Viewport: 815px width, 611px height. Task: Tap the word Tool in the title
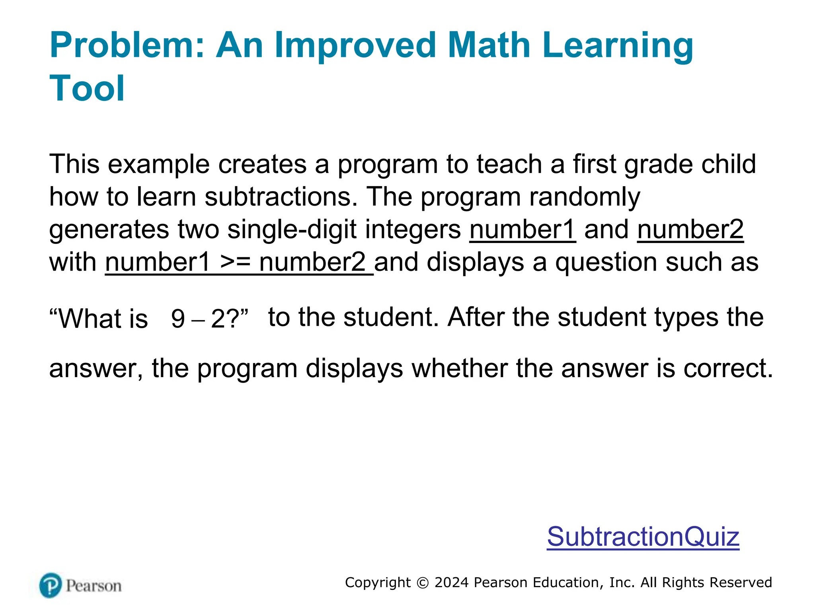[x=87, y=88]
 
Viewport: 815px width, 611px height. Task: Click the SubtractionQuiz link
[x=643, y=537]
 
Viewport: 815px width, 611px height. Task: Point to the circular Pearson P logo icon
[x=51, y=585]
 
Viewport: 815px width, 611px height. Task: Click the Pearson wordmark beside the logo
[x=94, y=586]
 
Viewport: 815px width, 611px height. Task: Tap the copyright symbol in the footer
[x=422, y=583]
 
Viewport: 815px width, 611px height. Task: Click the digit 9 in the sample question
[x=178, y=319]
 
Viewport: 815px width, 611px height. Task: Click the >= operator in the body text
[x=235, y=263]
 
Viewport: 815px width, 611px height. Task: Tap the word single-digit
[x=292, y=230]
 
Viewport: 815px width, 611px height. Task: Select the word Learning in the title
[x=618, y=46]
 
